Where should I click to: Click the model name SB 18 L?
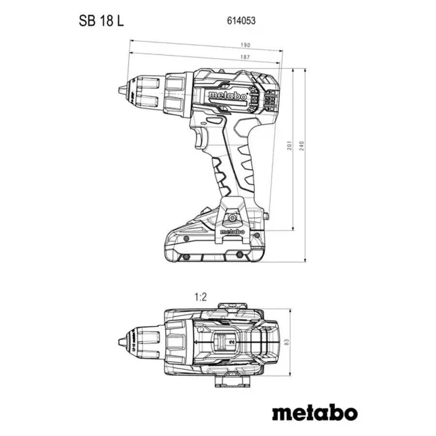(98, 21)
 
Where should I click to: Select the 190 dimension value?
(246, 46)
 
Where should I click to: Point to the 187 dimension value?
(246, 58)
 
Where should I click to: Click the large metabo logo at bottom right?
(314, 413)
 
